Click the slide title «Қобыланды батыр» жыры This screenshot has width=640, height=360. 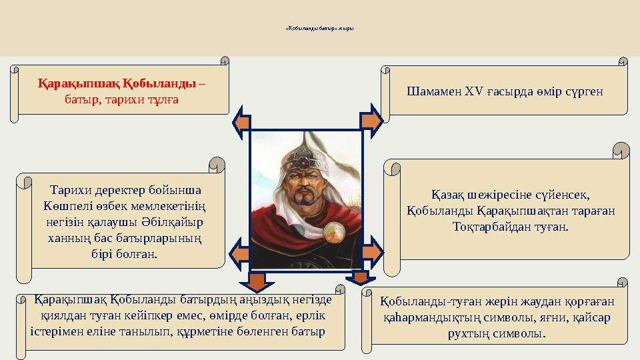[319, 29]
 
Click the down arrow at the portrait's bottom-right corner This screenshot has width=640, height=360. [361, 276]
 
